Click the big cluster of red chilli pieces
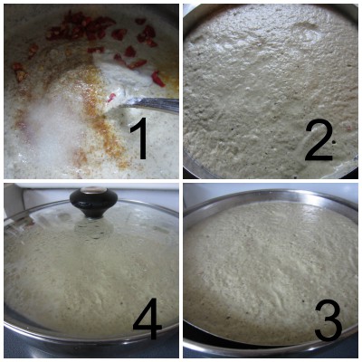point(86,27)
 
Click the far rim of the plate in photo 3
point(271,194)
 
